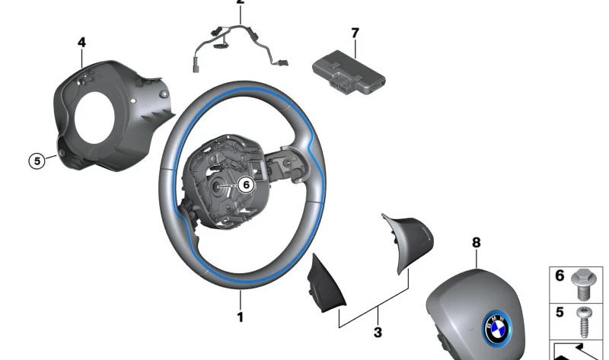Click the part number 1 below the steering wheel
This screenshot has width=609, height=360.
240,317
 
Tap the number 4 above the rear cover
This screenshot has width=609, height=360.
81,43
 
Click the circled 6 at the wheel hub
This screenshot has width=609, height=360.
244,184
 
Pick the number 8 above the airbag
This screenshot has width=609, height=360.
476,243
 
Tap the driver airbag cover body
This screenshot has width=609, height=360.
464,301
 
